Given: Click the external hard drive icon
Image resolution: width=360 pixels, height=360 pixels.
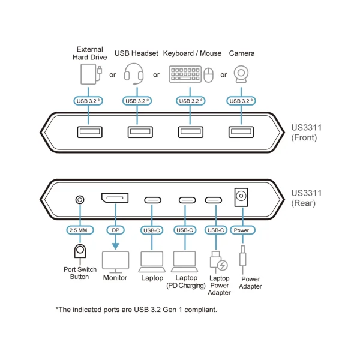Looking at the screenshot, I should [x=89, y=74].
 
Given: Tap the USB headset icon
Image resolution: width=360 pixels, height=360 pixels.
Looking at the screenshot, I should [x=134, y=74].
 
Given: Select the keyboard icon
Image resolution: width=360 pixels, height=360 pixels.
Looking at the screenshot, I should [x=185, y=74].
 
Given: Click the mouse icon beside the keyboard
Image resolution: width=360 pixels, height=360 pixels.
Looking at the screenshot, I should [x=208, y=75].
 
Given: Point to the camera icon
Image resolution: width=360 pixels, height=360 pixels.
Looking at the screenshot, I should [x=241, y=74].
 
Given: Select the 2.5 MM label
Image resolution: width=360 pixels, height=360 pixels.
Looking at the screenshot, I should [x=78, y=230].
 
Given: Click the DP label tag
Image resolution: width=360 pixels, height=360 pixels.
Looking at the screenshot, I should [x=114, y=230].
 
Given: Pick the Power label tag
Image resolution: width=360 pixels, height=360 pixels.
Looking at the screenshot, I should [x=241, y=230].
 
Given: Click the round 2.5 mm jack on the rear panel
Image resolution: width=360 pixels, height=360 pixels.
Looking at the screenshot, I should [x=78, y=200].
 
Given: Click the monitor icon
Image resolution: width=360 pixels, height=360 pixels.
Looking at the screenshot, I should [x=115, y=262].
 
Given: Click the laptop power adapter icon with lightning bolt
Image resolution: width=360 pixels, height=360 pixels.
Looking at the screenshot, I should [x=218, y=261].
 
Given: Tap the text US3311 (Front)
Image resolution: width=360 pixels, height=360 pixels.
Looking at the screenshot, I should [x=306, y=133].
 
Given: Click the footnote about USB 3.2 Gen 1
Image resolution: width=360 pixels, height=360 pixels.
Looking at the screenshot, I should [x=136, y=310].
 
